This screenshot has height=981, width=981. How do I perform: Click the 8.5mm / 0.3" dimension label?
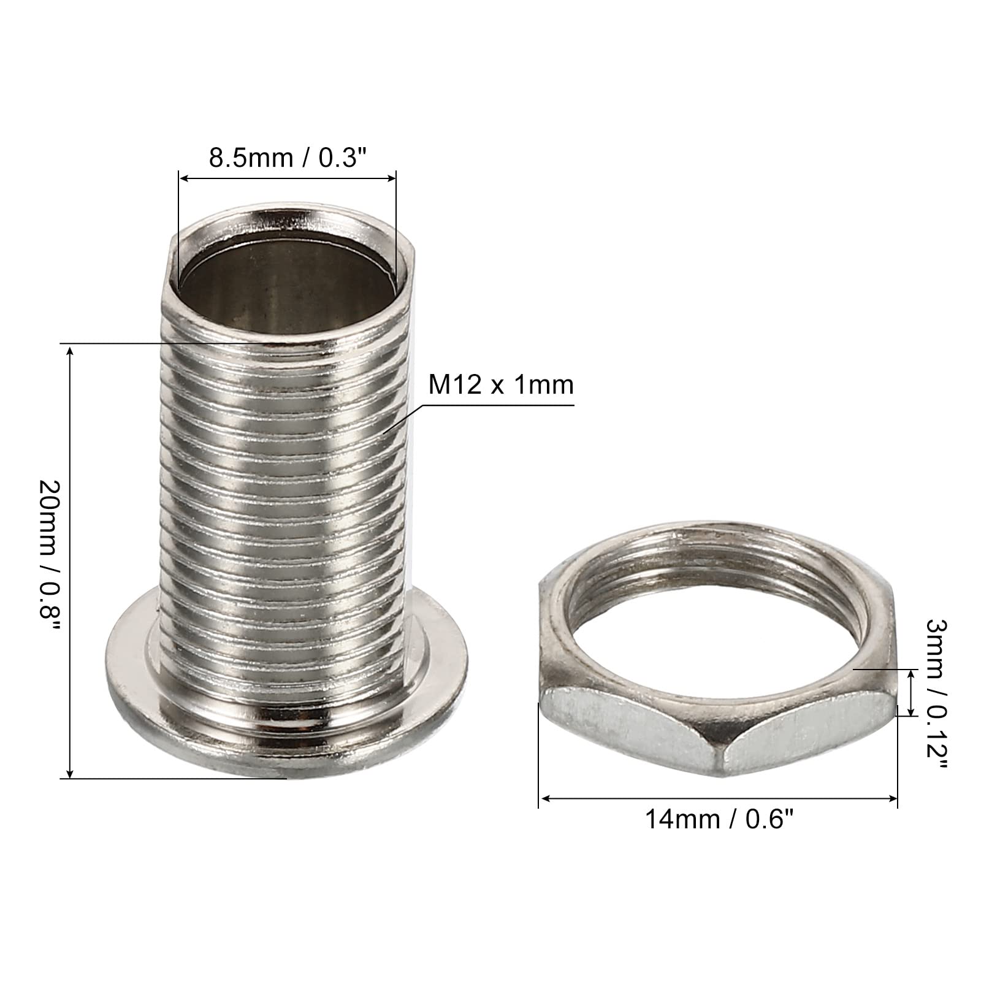point(288,158)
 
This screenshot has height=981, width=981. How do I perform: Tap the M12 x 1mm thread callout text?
point(501,385)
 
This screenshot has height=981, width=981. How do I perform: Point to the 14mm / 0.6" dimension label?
point(715,819)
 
